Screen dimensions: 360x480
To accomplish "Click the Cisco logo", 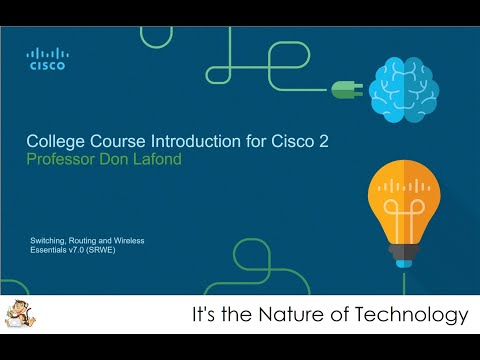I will (47, 59).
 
